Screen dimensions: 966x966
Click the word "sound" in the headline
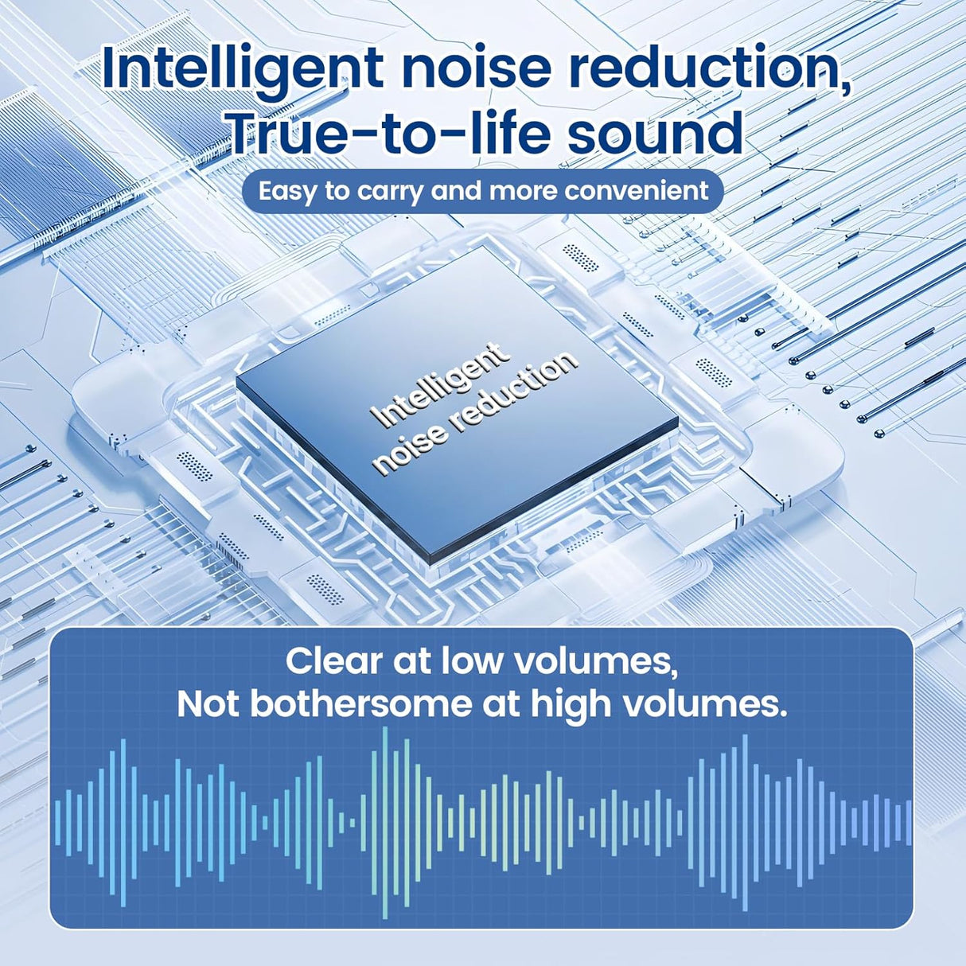(x=655, y=131)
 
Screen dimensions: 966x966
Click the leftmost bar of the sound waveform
(x=57, y=822)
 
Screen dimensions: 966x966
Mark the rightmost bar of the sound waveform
(x=909, y=822)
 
